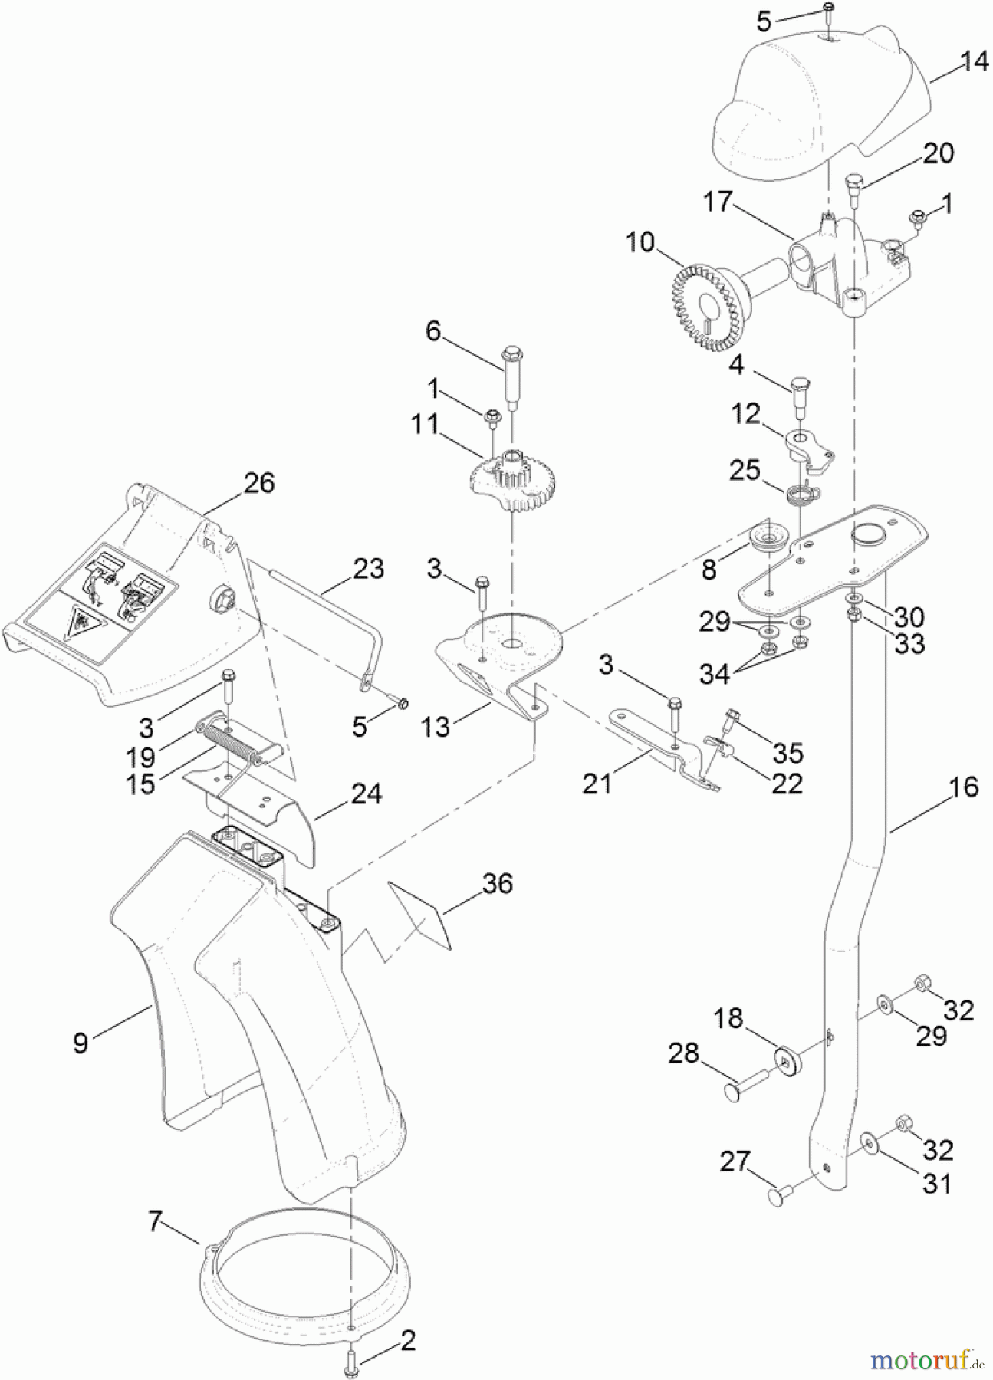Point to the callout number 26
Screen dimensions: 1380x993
coord(259,483)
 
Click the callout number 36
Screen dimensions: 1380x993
coord(497,883)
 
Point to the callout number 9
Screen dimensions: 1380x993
coord(81,1043)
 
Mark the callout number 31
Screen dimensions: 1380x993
coord(936,1184)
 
